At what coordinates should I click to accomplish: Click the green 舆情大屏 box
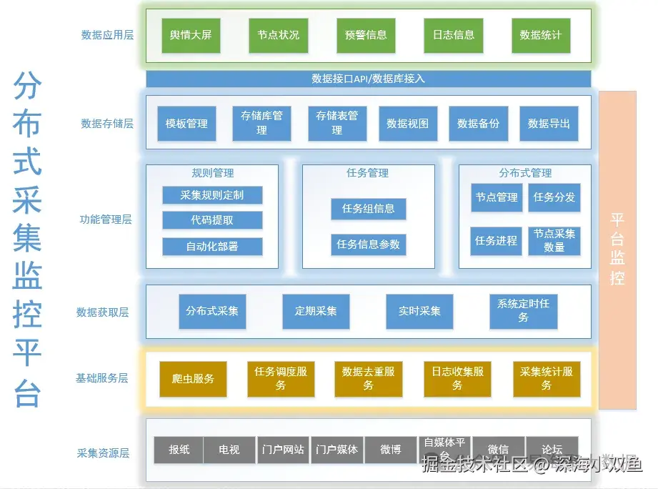click(x=191, y=35)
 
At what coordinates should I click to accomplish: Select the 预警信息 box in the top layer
click(x=366, y=35)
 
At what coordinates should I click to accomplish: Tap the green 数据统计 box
click(x=541, y=35)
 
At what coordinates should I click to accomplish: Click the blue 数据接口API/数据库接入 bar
click(x=369, y=79)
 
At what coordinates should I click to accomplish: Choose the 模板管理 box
click(x=186, y=124)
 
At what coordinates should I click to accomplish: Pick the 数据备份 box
click(x=478, y=124)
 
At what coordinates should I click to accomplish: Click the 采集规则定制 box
click(x=212, y=195)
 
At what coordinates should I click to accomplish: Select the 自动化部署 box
click(x=212, y=247)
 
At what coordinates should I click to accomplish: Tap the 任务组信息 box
click(x=369, y=209)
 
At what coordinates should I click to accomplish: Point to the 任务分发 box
click(x=554, y=197)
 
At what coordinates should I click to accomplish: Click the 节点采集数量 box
click(x=554, y=241)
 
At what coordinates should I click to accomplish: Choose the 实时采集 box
click(x=420, y=311)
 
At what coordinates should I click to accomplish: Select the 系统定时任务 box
click(x=524, y=311)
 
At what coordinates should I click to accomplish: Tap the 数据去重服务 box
click(x=368, y=379)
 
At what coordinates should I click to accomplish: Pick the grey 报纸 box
click(x=179, y=450)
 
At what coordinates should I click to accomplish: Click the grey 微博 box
click(x=391, y=450)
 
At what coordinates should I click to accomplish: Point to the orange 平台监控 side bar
click(x=617, y=250)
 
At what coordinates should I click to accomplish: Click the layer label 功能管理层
click(x=106, y=219)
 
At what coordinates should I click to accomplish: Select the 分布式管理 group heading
click(x=525, y=173)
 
